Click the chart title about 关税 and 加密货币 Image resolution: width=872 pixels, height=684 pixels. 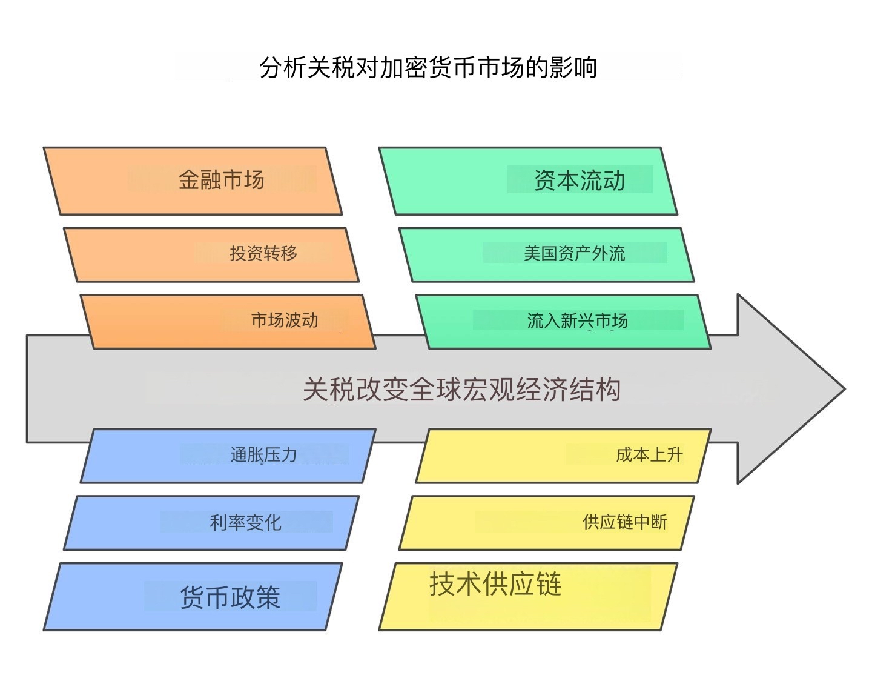pyautogui.click(x=428, y=67)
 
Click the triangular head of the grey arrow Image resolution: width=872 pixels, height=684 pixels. pyautogui.click(x=787, y=389)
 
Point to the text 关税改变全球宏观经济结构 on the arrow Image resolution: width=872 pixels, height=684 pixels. pyautogui.click(x=461, y=390)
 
